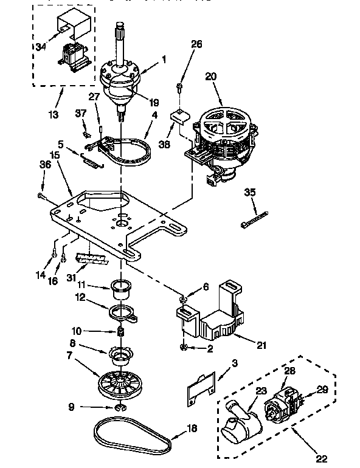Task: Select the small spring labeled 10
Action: coord(120,332)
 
